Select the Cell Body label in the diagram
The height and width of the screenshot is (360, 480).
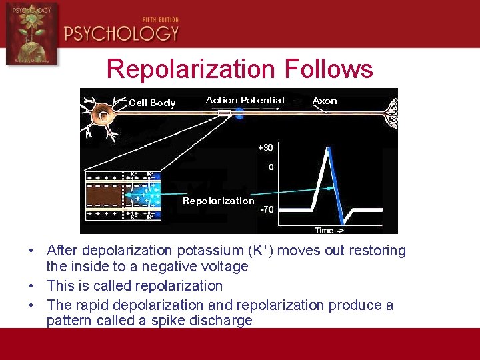point(152,103)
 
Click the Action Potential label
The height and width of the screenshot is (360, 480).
point(245,100)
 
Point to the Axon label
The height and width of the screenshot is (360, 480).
point(325,101)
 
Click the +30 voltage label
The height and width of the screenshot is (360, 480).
point(265,147)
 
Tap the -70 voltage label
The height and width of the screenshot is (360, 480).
point(266,209)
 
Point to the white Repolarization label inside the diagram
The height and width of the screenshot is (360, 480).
point(219,201)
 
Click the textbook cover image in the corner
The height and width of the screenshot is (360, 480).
point(31,33)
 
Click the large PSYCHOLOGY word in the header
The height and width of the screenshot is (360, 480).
point(121,33)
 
